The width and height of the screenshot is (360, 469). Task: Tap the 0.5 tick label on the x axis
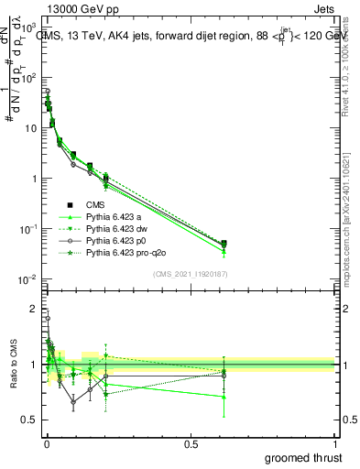click(191, 443)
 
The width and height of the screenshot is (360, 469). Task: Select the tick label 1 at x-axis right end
click(335, 443)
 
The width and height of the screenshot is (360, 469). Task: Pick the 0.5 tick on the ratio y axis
click(30, 420)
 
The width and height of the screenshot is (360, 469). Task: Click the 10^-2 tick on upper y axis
click(27, 278)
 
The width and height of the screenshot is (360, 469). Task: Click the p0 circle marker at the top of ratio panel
click(48, 319)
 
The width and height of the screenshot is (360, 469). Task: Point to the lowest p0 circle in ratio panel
click(73, 401)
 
